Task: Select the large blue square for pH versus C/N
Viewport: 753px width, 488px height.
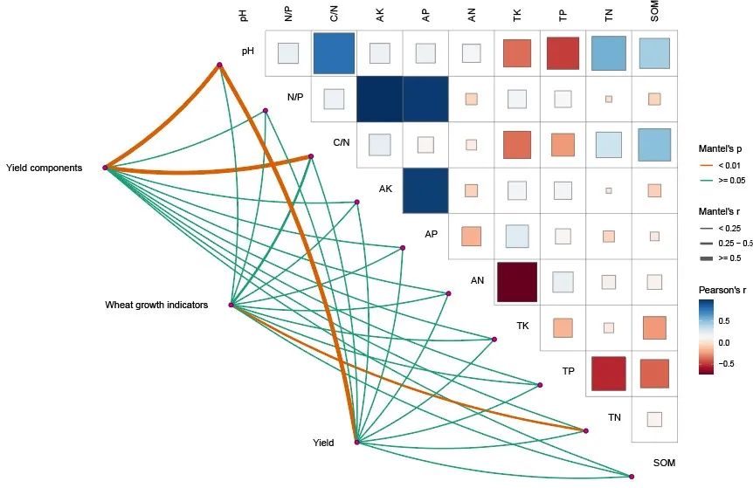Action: point(334,53)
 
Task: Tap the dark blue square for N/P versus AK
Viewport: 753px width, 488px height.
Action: point(379,99)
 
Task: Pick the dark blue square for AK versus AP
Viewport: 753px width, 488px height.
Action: point(425,189)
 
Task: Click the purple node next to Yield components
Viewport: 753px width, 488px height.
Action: point(105,168)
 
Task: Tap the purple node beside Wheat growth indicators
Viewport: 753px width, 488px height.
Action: point(231,305)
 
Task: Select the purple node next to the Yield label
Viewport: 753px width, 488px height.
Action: point(356,443)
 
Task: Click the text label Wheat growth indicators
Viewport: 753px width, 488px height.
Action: point(156,305)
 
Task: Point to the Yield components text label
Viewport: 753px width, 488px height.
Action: point(44,168)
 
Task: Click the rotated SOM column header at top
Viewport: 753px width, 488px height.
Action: point(655,11)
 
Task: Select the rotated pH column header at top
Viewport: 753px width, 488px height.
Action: point(243,14)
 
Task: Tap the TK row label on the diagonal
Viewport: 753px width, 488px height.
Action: point(522,326)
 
